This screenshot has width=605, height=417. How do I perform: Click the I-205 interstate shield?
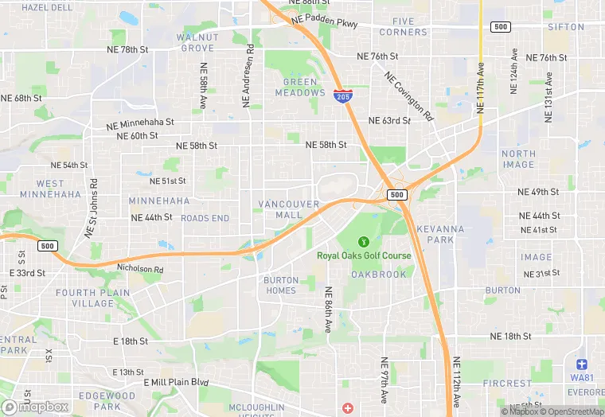342,97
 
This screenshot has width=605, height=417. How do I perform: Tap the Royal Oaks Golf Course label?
364,255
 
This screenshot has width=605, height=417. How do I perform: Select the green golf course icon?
364,240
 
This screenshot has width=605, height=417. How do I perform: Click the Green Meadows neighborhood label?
300,87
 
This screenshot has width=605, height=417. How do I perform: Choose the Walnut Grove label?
197,42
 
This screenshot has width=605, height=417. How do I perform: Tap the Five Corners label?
404,26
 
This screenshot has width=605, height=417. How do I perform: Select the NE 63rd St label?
389,121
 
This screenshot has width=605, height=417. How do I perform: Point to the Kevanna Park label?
440,234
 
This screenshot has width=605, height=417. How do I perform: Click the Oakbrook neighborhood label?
379,275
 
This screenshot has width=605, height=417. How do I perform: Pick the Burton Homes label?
280,285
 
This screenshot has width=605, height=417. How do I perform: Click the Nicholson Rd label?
139,270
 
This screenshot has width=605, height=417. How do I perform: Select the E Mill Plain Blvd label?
176,382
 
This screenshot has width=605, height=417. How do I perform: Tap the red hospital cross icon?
347,407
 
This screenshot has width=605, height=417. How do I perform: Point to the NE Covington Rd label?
408,98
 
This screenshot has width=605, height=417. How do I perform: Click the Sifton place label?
566,27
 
